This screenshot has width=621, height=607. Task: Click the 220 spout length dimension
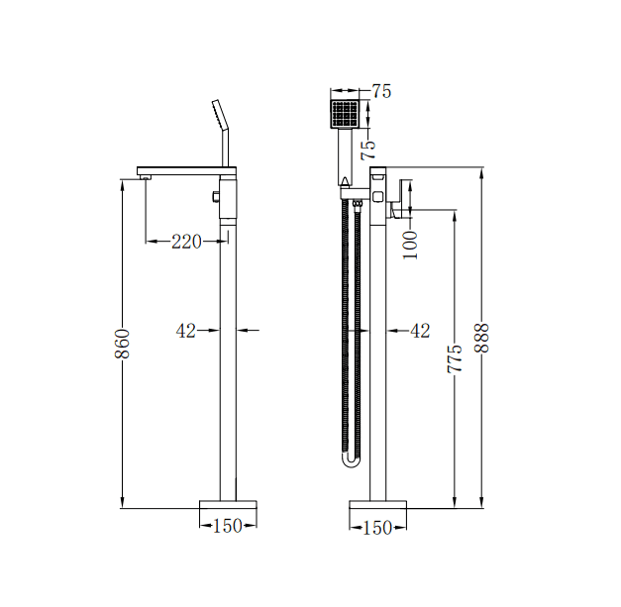pyautogui.click(x=186, y=241)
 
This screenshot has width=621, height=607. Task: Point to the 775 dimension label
pyautogui.click(x=455, y=358)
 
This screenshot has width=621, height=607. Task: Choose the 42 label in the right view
pyautogui.click(x=420, y=331)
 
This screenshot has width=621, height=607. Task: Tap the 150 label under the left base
pyautogui.click(x=228, y=527)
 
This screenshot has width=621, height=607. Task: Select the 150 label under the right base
pyautogui.click(x=376, y=527)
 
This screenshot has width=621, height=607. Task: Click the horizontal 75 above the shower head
pyautogui.click(x=381, y=92)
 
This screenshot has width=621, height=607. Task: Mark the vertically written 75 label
pyautogui.click(x=368, y=150)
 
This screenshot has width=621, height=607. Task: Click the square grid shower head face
pyautogui.click(x=344, y=111)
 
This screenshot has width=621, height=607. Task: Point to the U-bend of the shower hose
pyautogui.click(x=349, y=461)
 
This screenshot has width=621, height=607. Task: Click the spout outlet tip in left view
pyautogui.click(x=145, y=177)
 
